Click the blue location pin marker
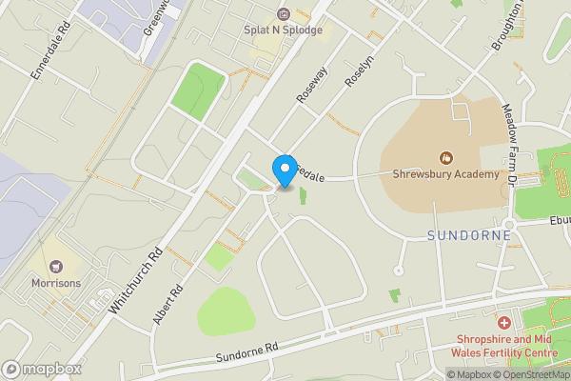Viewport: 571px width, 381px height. pyautogui.click(x=284, y=170)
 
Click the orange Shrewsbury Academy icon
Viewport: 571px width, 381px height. pyautogui.click(x=444, y=157)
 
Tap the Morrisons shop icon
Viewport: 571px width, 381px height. pyautogui.click(x=55, y=266)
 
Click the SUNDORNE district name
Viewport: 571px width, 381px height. pyautogui.click(x=469, y=234)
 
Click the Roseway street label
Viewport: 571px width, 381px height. pyautogui.click(x=311, y=83)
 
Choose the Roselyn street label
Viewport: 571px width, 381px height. pyautogui.click(x=355, y=70)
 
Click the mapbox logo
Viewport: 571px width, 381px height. pyautogui.click(x=42, y=369)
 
